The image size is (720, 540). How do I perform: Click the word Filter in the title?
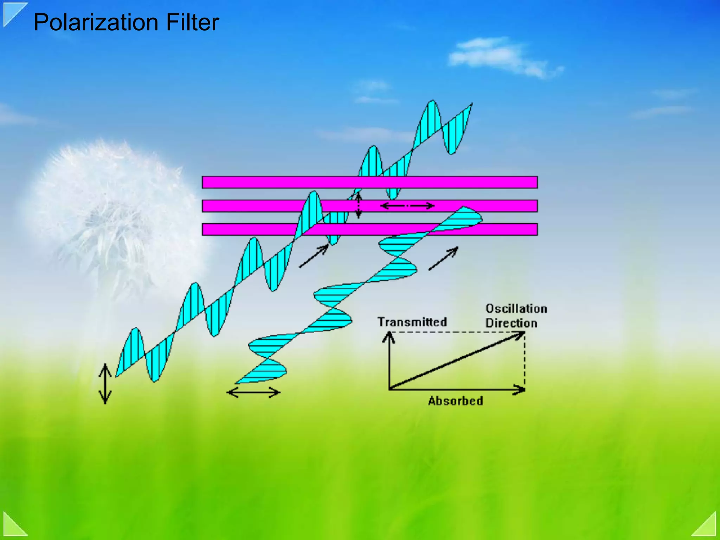(193, 23)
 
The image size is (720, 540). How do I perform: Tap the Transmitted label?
(412, 322)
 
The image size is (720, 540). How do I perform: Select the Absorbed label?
(455, 401)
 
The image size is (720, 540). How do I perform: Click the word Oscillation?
(516, 309)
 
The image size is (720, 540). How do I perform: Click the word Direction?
(511, 323)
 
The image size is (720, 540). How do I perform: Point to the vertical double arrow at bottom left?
(105, 384)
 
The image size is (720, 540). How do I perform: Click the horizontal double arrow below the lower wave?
(253, 392)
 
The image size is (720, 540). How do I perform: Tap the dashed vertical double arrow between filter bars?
(358, 206)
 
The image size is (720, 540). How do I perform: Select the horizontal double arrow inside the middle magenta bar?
(407, 206)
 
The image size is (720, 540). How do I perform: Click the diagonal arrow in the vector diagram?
(457, 361)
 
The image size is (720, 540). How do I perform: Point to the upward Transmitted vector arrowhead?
(389, 336)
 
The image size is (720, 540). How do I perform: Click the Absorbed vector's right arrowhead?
(520, 389)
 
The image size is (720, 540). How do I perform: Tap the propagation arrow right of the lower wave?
(443, 259)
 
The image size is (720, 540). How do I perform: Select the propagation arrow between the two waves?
(314, 256)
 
